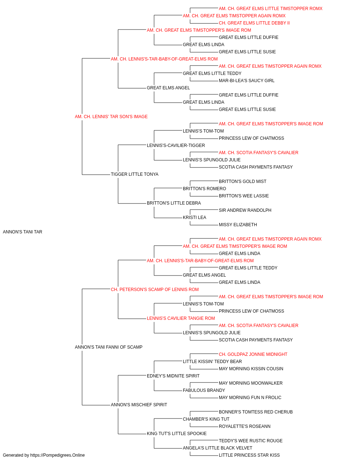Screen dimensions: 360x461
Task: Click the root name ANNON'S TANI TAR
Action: (x=22, y=232)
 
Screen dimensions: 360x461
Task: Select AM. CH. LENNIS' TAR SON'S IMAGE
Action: (x=111, y=117)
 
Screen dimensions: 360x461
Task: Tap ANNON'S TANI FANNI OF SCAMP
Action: (x=109, y=347)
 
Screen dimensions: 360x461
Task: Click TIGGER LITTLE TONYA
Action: (x=135, y=174)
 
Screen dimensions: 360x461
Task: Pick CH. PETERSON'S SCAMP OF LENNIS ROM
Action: (x=155, y=289)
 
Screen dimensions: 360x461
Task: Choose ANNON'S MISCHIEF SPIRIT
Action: (x=139, y=404)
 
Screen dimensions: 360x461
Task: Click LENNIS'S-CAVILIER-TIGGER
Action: (x=176, y=145)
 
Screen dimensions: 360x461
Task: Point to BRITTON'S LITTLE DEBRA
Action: (x=174, y=203)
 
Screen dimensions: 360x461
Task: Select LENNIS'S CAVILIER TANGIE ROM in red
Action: (x=181, y=318)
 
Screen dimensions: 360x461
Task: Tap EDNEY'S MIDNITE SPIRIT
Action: (x=173, y=376)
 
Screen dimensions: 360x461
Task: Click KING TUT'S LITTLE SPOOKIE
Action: (x=177, y=433)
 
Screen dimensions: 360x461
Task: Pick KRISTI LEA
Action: (x=194, y=218)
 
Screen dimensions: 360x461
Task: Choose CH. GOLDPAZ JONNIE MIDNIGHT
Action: (x=253, y=354)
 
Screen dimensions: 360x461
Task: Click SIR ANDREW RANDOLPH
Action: (x=245, y=210)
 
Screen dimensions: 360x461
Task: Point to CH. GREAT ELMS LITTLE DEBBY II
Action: (x=254, y=23)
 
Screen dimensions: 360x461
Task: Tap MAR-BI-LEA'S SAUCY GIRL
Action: (x=247, y=81)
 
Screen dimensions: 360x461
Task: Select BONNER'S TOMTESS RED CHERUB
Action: (x=256, y=412)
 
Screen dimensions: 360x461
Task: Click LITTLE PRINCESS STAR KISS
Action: (x=249, y=455)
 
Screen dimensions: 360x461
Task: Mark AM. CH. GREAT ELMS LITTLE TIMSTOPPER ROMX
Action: (x=270, y=9)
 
